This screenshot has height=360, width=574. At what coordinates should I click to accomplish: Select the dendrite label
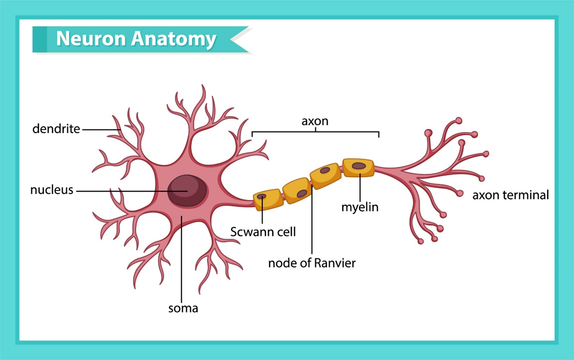click(56, 128)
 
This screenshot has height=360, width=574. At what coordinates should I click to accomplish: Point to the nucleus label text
click(52, 190)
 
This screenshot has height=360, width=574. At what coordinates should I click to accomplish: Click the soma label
click(183, 308)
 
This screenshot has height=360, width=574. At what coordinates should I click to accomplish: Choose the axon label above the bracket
click(314, 121)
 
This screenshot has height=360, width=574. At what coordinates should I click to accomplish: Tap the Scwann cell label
click(263, 231)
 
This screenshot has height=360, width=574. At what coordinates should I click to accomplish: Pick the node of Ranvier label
click(312, 263)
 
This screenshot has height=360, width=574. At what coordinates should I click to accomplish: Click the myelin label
click(360, 207)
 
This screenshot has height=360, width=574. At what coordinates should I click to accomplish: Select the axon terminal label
click(510, 195)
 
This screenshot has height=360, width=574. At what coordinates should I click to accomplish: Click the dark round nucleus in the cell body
click(187, 190)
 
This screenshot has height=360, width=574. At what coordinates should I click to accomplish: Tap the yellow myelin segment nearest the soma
click(268, 200)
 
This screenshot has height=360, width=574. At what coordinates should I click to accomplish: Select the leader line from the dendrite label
click(100, 129)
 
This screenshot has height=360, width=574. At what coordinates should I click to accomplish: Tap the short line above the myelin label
click(360, 187)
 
